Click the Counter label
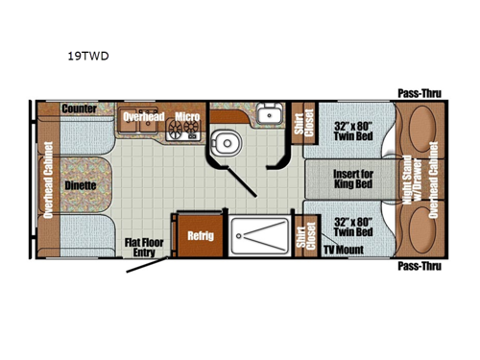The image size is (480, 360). (79, 109)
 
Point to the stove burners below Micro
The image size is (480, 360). (182, 131)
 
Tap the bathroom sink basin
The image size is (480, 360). (269, 116)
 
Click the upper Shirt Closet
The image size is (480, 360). (309, 123)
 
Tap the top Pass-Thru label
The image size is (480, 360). (419, 94)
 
